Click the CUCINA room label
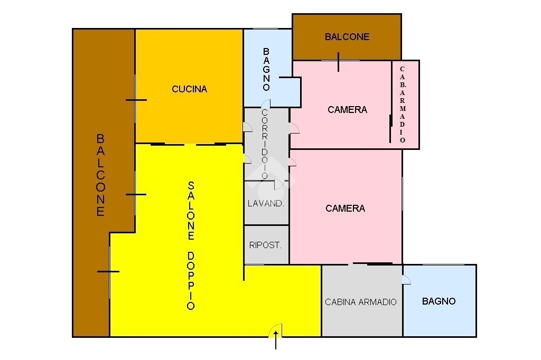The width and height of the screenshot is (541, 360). point(189,89)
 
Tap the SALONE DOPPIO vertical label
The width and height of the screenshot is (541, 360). point(191,245)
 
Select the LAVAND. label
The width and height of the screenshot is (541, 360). point(266,203)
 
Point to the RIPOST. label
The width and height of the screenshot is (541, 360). point(265,245)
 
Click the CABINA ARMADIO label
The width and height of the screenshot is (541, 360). point(361,302)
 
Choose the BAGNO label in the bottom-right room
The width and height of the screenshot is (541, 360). point(439,301)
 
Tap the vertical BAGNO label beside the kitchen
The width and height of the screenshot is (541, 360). point(266,69)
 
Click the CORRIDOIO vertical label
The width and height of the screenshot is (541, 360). point(265,144)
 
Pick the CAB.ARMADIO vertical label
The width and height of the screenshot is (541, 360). point(403,105)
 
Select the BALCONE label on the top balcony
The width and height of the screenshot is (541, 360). point(347,37)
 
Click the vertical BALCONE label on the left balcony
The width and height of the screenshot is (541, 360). point(100,175)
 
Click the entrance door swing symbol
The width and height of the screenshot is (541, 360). point(276,331)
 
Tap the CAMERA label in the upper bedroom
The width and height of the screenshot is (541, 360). point(347,110)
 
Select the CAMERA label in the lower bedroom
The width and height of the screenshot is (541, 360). point(345,209)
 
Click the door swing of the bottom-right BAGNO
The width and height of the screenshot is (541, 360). point(406,280)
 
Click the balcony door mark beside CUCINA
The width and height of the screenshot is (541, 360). point(136,100)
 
